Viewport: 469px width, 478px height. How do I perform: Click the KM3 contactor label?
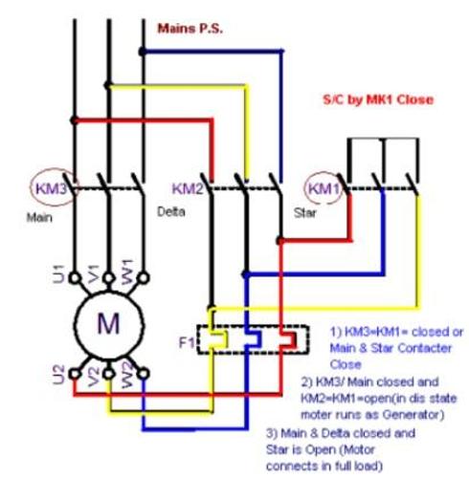(51, 188)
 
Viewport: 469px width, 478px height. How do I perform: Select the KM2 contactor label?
(188, 188)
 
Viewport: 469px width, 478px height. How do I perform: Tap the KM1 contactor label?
(324, 188)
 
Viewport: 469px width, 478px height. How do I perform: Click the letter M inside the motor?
(108, 323)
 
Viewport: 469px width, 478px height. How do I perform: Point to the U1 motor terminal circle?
(75, 278)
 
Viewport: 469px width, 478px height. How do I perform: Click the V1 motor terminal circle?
(109, 278)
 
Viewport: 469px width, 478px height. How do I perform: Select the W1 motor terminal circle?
(144, 278)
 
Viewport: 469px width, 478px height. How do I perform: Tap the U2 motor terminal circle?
(75, 374)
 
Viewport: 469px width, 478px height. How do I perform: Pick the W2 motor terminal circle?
(144, 374)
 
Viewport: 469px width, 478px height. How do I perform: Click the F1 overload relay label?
(187, 343)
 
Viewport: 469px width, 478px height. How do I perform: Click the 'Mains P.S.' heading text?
(190, 29)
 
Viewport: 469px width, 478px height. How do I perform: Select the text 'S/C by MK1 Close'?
(378, 99)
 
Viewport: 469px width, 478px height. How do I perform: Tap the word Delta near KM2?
(171, 212)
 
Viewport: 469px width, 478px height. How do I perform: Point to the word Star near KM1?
(305, 213)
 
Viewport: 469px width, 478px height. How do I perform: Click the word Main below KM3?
(39, 218)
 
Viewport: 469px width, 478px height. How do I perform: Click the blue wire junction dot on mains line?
(143, 52)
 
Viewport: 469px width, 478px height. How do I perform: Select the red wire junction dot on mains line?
(75, 120)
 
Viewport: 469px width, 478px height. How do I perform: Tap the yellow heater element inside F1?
(217, 339)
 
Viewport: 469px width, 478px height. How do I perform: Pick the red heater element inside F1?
(288, 339)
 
